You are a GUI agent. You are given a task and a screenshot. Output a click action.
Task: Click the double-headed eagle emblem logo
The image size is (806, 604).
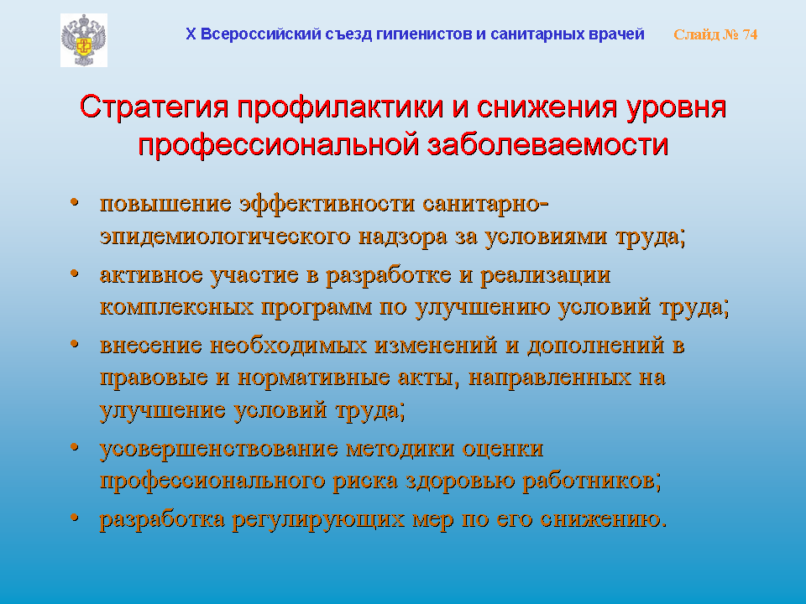pos(84,40)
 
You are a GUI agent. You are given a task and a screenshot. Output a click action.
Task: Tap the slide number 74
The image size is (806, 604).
pos(750,34)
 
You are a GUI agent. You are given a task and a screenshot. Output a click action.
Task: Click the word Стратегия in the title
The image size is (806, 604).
pos(154,108)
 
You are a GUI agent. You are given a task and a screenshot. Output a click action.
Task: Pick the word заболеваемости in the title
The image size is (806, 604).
pos(547,144)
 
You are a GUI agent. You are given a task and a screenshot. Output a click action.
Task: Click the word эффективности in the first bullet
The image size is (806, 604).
pos(327,203)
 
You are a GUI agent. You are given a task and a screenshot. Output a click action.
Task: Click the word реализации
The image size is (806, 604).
pos(546,275)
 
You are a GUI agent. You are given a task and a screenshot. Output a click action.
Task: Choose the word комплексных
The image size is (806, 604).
pos(177,307)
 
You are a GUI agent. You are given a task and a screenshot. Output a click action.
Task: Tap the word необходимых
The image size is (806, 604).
pos(288,345)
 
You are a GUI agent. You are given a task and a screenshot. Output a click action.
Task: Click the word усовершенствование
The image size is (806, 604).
pos(219,449)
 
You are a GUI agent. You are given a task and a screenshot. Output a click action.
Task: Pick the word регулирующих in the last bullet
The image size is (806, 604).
pos(318,520)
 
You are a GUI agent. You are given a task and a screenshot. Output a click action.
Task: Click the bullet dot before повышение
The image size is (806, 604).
pos(75,202)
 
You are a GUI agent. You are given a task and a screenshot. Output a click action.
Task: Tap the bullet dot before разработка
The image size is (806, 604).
pos(75,518)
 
